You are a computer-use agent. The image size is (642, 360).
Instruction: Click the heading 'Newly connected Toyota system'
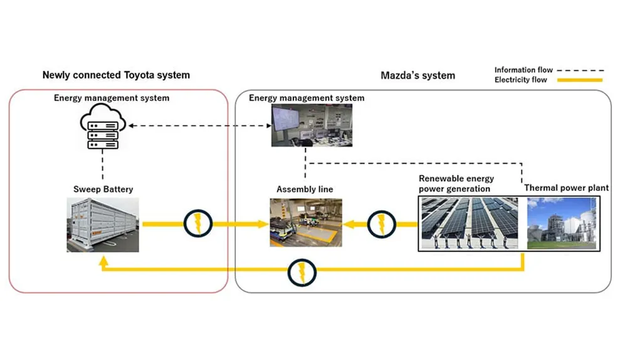(116, 75)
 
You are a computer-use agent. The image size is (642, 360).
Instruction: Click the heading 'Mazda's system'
(418, 75)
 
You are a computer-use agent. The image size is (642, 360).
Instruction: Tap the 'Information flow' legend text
(524, 70)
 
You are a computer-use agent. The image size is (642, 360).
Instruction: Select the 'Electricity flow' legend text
(520, 80)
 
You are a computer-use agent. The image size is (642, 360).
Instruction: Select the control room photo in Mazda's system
(312, 125)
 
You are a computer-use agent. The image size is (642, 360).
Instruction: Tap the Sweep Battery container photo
(103, 225)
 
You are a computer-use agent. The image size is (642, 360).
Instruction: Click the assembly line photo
(305, 223)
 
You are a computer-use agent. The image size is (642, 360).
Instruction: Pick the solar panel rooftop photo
(468, 223)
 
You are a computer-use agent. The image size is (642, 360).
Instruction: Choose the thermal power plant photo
(561, 223)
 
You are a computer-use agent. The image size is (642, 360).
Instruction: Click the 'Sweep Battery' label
(103, 189)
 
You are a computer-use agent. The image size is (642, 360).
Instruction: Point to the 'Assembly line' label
(305, 189)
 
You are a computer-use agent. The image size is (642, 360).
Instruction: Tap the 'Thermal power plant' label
(566, 188)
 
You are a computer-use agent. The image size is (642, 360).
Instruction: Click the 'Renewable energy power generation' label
(456, 184)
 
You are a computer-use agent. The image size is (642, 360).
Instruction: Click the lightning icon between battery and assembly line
(198, 223)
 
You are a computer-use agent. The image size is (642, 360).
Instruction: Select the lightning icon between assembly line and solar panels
(381, 223)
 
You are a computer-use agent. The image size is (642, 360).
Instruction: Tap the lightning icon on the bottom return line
(302, 272)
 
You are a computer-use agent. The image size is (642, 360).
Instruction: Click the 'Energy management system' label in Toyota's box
(112, 98)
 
